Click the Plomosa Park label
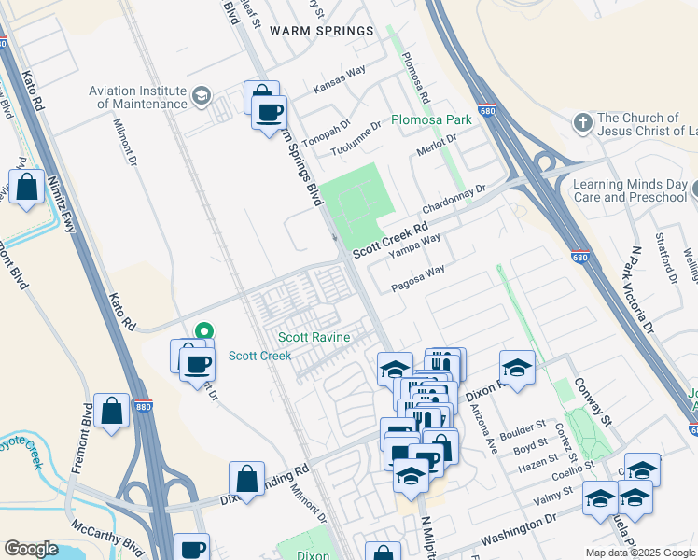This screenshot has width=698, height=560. click(431, 120)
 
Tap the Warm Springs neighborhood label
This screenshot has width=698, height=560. click(321, 31)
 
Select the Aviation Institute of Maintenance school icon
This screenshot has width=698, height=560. click(201, 96)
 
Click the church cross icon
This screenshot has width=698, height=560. click(582, 123)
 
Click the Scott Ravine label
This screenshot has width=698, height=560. click(314, 337)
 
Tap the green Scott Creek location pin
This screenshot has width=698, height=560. click(205, 330)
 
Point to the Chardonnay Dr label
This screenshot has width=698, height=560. click(454, 198)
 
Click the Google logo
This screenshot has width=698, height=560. click(31, 549)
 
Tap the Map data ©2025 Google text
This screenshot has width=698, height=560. click(640, 553)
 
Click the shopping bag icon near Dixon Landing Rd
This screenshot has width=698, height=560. click(246, 481)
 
